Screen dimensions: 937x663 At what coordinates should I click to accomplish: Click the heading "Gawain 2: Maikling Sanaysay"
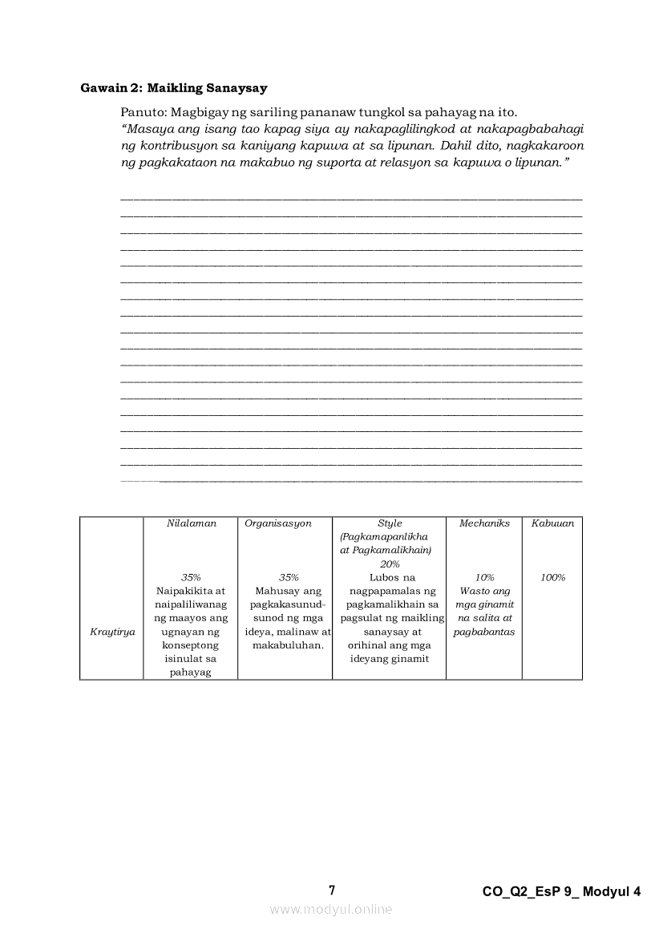[174, 87]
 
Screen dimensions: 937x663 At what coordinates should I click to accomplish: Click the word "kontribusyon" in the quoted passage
[175, 146]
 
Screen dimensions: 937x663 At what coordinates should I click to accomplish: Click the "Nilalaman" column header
[191, 523]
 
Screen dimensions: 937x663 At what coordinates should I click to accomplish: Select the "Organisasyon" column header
[278, 523]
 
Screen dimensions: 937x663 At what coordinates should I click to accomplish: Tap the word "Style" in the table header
[390, 523]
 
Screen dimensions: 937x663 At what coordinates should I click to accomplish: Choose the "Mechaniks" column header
[484, 523]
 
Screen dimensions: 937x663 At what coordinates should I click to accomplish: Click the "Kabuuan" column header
[552, 523]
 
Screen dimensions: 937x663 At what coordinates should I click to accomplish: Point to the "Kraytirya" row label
[112, 632]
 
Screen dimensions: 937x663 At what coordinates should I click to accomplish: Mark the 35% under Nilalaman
[191, 577]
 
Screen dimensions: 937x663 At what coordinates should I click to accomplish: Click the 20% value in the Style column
[390, 563]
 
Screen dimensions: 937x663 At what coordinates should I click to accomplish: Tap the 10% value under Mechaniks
[484, 577]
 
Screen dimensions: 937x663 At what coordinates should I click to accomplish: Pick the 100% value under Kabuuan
[552, 577]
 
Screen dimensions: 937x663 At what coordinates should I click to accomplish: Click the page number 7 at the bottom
[332, 891]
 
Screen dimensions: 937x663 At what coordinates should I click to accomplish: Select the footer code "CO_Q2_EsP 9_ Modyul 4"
[562, 891]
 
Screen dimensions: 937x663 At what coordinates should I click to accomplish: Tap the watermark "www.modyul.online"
[331, 909]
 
